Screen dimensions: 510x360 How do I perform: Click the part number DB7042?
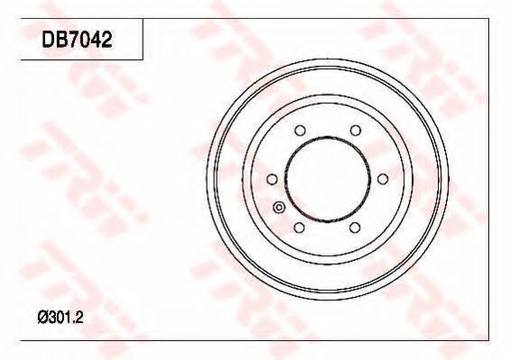(x=77, y=40)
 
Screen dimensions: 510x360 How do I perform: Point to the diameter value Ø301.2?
(x=60, y=317)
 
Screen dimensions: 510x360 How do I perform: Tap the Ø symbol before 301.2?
(x=43, y=317)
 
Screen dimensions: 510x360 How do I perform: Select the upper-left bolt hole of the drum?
(x=300, y=131)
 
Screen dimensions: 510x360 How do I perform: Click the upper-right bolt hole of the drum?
(x=356, y=131)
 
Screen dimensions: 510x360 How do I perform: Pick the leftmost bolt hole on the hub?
(x=272, y=180)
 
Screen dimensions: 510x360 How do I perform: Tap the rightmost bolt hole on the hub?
(x=383, y=179)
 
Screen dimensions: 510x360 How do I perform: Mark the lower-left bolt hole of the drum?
(x=300, y=227)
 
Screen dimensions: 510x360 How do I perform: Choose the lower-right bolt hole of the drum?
(x=355, y=227)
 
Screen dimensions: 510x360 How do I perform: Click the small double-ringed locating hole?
(x=279, y=207)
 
